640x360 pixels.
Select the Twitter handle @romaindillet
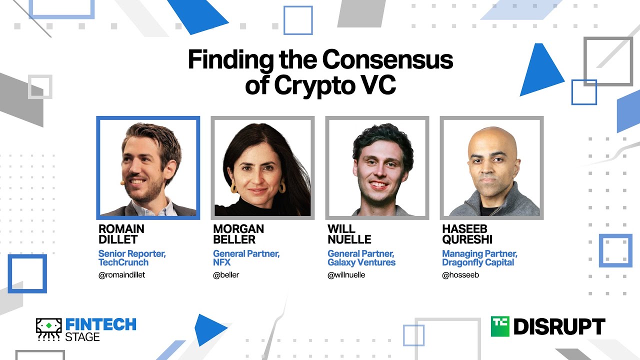click(x=122, y=275)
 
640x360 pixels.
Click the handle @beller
click(x=226, y=275)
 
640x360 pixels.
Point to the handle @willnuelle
click(x=346, y=275)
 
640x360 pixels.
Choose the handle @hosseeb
click(x=460, y=275)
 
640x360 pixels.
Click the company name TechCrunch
click(x=123, y=262)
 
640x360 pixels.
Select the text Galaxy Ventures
click(x=361, y=262)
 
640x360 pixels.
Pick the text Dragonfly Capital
click(x=478, y=262)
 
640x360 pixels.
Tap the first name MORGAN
click(x=238, y=229)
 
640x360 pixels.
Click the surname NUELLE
click(x=349, y=239)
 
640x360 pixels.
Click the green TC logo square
click(x=500, y=326)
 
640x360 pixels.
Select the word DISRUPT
click(x=559, y=327)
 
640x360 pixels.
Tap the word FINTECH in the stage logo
click(x=100, y=324)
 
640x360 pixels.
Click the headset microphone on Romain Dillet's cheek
click(x=122, y=183)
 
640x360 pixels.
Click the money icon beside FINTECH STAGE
click(x=48, y=329)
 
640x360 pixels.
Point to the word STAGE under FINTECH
click(x=82, y=337)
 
